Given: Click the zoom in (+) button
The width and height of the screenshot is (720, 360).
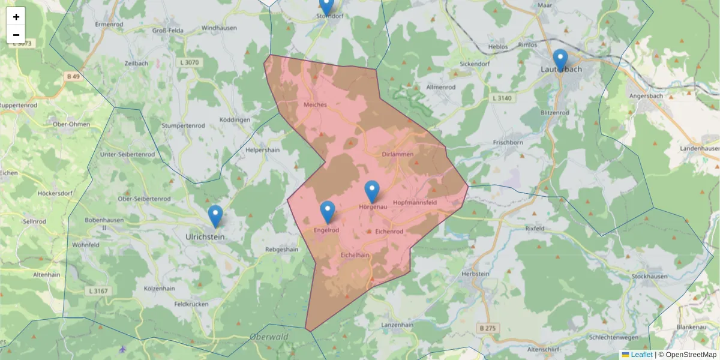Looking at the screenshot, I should tap(16, 17).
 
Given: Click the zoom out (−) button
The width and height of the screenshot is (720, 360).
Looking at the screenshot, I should tap(16, 35).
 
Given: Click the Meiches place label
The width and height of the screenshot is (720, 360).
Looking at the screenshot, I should tap(315, 104).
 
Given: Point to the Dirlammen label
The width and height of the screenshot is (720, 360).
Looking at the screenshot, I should tap(398, 154).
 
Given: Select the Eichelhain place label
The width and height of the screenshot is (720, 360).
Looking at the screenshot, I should tap(355, 255).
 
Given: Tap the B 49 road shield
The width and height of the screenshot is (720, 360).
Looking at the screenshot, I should tap(73, 76).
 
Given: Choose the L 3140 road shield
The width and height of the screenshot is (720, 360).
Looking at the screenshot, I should tap(503, 97).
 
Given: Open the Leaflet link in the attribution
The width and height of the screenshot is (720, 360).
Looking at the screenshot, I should tap(641, 355).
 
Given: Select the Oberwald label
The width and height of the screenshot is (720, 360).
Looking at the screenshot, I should tap(269, 337).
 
